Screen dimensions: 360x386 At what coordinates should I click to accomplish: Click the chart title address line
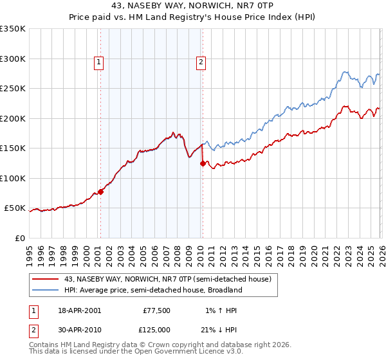click(193, 5)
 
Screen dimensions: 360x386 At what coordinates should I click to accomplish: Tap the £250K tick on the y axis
click(13, 89)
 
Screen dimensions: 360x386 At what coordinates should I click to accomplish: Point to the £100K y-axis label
click(13, 178)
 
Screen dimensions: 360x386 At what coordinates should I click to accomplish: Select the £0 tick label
click(19, 238)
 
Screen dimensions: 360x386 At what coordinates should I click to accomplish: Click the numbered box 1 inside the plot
click(99, 62)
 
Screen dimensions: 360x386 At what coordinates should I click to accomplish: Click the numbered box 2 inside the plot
click(201, 62)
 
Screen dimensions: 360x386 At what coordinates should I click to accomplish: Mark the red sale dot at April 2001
click(101, 192)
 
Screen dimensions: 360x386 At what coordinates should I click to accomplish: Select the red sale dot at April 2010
click(203, 163)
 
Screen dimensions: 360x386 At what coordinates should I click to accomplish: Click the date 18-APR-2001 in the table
click(80, 310)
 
